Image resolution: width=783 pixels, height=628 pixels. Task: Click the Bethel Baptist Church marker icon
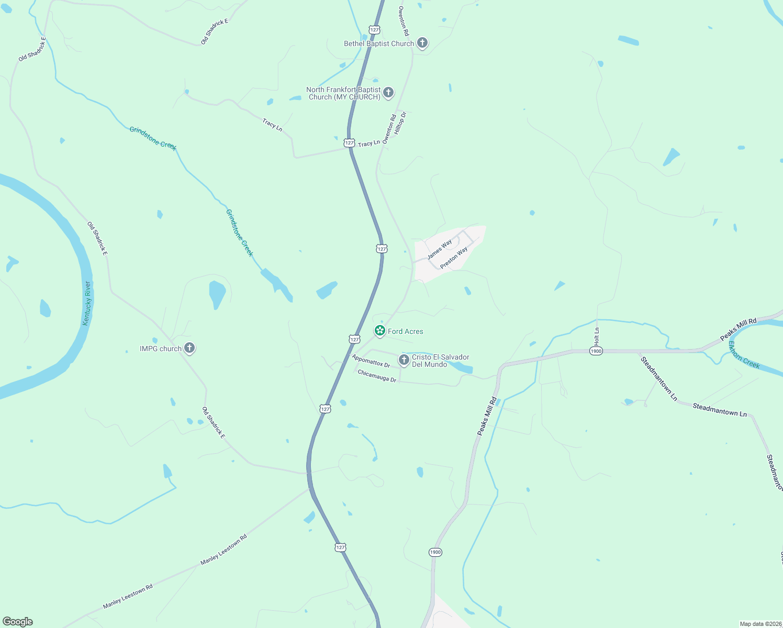coord(422,43)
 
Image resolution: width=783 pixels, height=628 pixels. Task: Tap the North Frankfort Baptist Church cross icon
coord(388,93)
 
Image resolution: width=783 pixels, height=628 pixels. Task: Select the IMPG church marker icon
coord(189,348)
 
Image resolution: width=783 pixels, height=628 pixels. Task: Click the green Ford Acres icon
coord(380,331)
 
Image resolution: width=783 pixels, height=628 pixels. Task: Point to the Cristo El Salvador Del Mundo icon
coord(404,360)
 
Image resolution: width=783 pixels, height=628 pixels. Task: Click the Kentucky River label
coord(87,303)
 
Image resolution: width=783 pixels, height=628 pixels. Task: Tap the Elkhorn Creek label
coord(744,355)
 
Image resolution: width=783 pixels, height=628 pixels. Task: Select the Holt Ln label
coord(597,335)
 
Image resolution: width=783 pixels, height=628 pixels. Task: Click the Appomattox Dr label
coord(371,361)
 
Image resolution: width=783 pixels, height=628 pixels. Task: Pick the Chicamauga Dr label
coord(377,376)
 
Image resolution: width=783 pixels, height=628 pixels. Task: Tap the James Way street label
coord(439,250)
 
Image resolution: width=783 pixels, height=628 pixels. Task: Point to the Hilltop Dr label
coord(400,123)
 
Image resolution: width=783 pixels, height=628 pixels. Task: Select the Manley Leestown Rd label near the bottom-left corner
coord(128,596)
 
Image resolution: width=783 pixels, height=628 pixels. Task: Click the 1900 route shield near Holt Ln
coord(596,351)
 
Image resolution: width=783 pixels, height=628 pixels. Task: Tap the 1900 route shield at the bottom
coord(435,552)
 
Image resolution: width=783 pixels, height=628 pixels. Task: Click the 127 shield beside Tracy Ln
coord(349,143)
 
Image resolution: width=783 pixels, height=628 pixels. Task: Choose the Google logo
coord(18,622)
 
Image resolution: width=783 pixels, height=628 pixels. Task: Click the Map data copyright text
coord(760,624)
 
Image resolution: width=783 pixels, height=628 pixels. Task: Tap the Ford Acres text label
coord(406,331)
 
